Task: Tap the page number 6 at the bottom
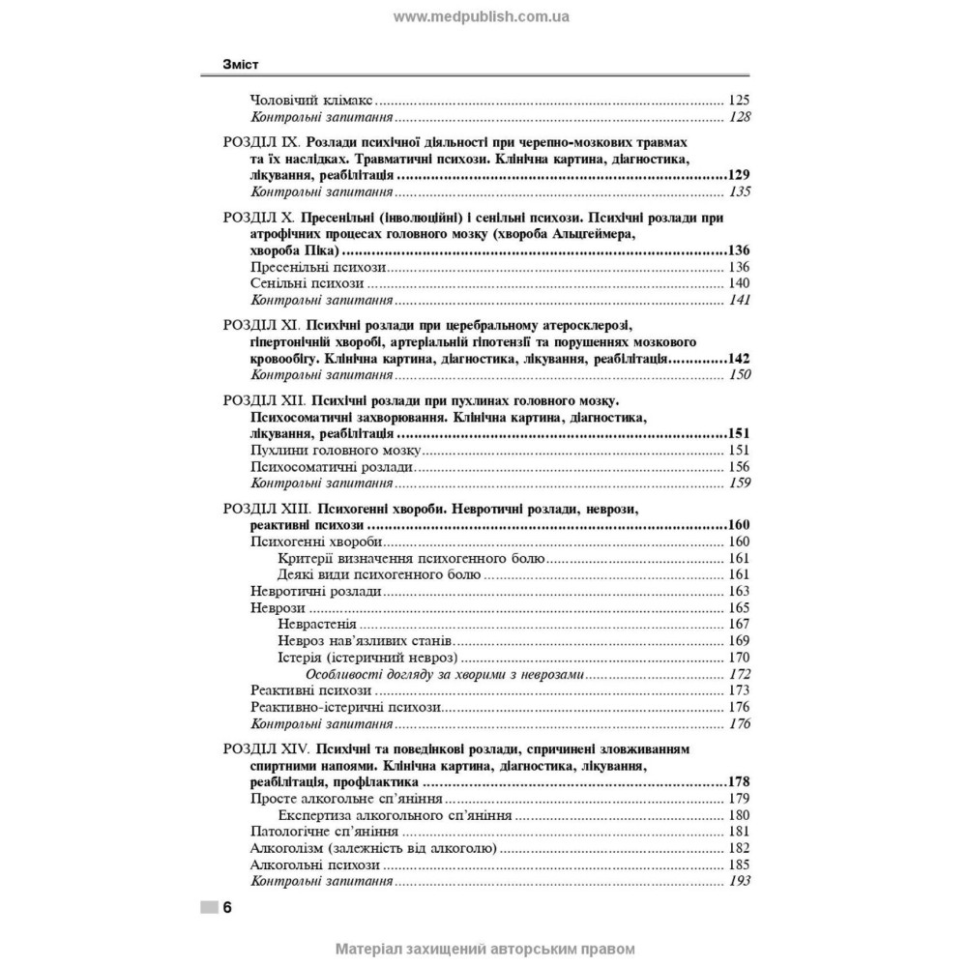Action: point(226,907)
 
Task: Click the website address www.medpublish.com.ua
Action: point(483,16)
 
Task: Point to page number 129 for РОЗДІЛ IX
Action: point(738,175)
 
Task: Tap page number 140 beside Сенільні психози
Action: point(739,283)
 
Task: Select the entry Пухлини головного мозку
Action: point(334,451)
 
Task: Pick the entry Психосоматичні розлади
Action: point(332,467)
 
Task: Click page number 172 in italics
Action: point(740,674)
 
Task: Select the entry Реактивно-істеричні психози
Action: point(345,707)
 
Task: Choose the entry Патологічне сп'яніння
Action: point(323,832)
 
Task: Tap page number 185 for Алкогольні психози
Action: point(739,864)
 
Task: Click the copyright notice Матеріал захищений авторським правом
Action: point(483,949)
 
